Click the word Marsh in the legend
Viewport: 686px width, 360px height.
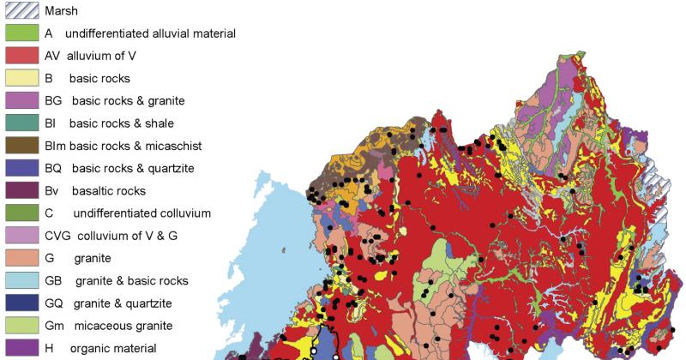pos(61,11)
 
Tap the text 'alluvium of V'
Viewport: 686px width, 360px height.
pos(104,56)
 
